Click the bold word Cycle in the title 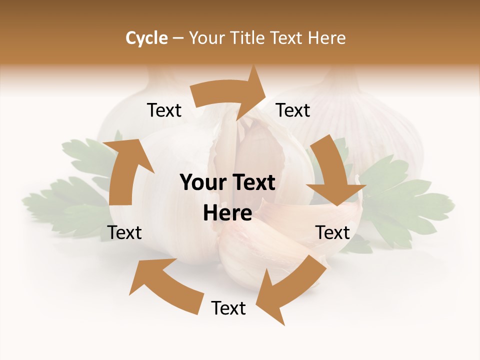pos(146,38)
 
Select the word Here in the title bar pos(326,38)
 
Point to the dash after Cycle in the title pos(178,38)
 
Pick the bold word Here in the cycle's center pos(227,213)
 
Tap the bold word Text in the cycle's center pos(251,183)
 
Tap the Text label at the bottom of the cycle pos(228,308)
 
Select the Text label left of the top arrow pos(164,110)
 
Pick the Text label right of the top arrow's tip pos(293,110)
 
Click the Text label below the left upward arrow pos(124,232)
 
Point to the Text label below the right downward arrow pos(332,232)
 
